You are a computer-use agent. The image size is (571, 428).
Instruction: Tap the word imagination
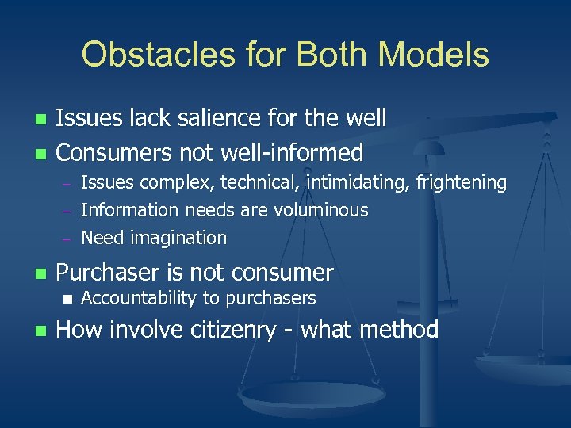coord(179,238)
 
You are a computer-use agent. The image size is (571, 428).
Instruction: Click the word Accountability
coord(140,299)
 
